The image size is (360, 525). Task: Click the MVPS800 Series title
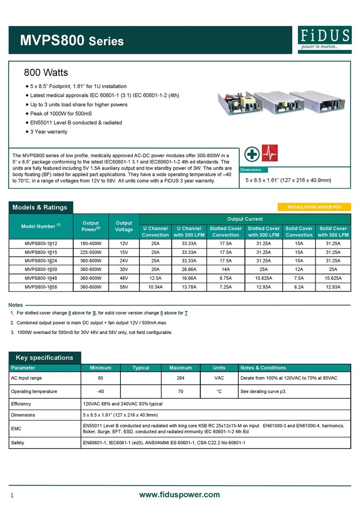pyautogui.click(x=72, y=41)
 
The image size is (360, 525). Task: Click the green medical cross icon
pyautogui.click(x=253, y=155)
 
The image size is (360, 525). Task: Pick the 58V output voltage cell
pyautogui.click(x=124, y=287)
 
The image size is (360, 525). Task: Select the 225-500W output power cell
pyautogui.click(x=93, y=252)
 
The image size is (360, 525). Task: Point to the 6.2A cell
pyautogui.click(x=299, y=287)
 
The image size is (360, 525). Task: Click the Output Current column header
pyautogui.click(x=245, y=219)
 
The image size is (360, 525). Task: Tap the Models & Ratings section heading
pyautogui.click(x=40, y=208)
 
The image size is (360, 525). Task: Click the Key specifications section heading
pyautogui.click(x=45, y=358)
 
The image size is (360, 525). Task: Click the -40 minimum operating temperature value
pyautogui.click(x=100, y=391)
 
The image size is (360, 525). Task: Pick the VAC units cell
pyautogui.click(x=219, y=378)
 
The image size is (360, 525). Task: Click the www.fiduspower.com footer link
pyautogui.click(x=180, y=495)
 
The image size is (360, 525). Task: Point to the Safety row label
pyautogui.click(x=18, y=443)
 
